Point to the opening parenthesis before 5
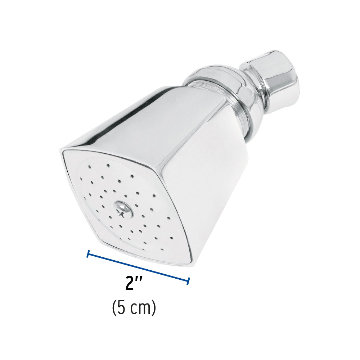[x=114, y=309]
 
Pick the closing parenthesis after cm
[x=154, y=309]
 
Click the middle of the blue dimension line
[x=138, y=267]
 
